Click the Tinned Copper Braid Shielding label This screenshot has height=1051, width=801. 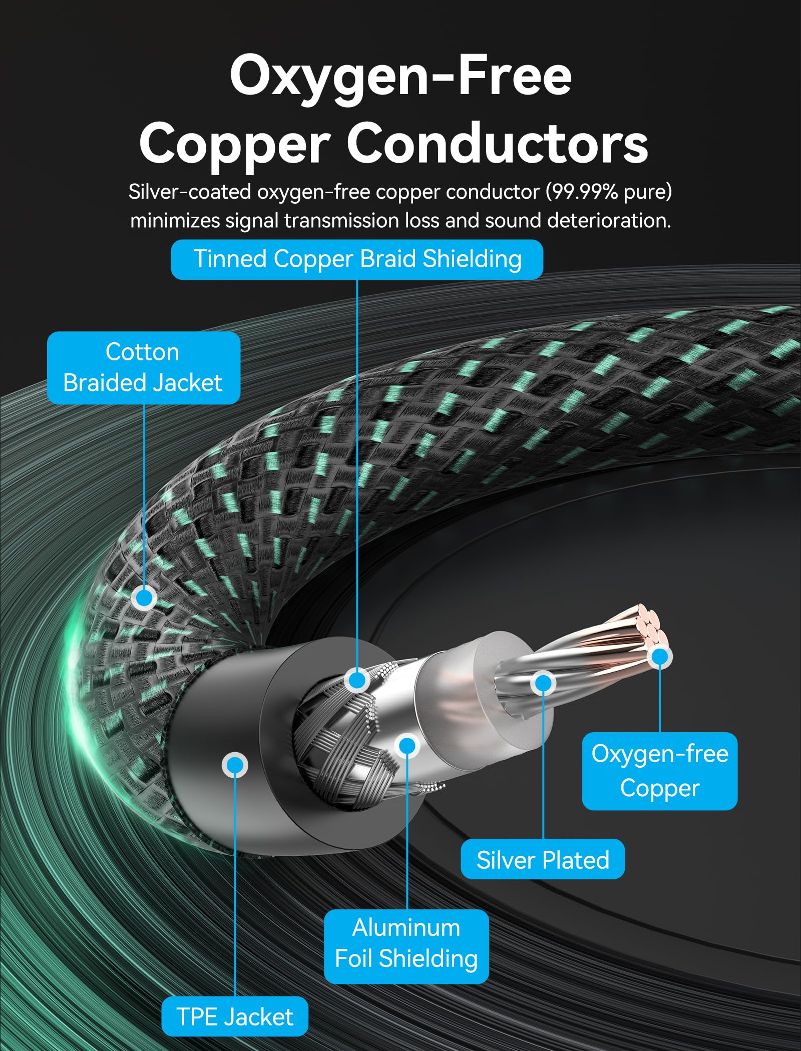(x=357, y=259)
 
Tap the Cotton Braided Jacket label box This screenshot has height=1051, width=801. (x=144, y=367)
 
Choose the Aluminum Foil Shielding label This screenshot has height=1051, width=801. (x=406, y=944)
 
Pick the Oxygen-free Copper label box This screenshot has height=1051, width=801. (x=660, y=771)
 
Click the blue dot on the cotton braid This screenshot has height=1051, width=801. (x=144, y=598)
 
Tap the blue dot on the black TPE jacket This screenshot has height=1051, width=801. (x=234, y=765)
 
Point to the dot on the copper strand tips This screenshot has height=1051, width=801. (x=660, y=657)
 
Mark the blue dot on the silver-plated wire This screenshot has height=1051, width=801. (x=543, y=683)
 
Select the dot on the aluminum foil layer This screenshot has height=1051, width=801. (x=407, y=746)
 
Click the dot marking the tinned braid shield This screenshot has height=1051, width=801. (x=357, y=680)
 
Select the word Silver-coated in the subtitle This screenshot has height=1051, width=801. (x=190, y=192)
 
